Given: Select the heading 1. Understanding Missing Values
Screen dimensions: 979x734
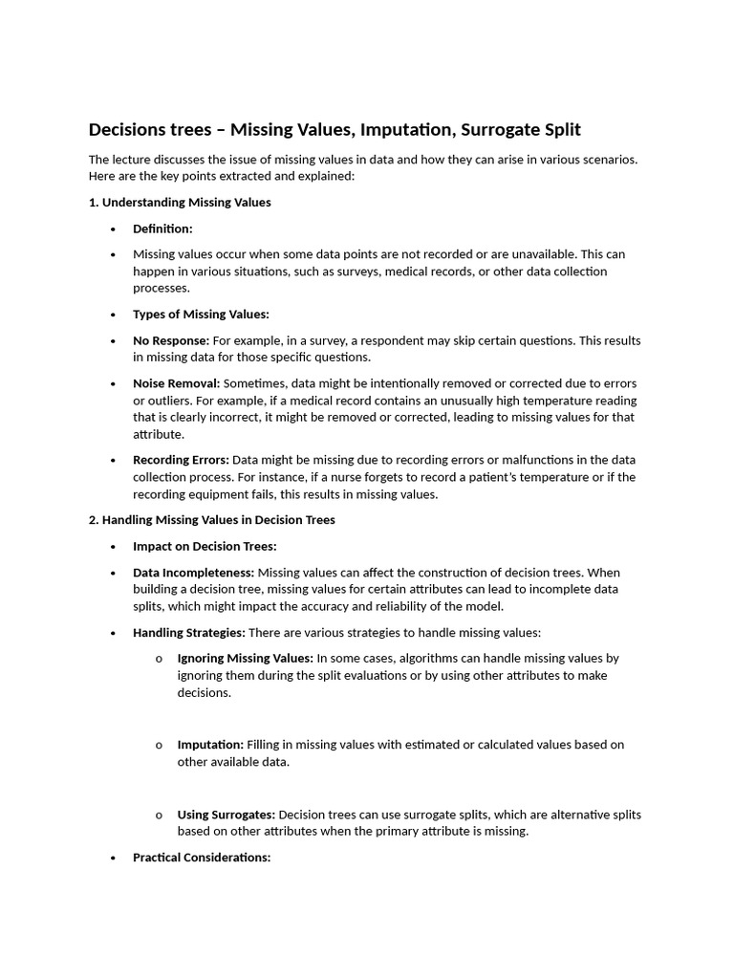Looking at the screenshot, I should [x=180, y=203].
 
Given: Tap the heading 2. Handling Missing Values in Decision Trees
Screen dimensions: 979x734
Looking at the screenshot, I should [x=211, y=520].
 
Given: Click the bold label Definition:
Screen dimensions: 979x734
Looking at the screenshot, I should [x=162, y=228].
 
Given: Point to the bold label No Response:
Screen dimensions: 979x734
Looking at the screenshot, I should [x=171, y=340].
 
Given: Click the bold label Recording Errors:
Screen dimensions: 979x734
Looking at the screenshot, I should [x=181, y=460].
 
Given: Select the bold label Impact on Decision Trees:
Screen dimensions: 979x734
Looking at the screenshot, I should [x=205, y=546].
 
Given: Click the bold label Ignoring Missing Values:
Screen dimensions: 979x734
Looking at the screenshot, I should [x=245, y=658].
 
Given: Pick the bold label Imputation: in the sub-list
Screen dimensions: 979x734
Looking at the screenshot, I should [x=210, y=744].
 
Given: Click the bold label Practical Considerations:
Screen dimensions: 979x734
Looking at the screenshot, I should [x=202, y=858].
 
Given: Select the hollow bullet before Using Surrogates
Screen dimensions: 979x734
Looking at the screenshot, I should [x=159, y=816].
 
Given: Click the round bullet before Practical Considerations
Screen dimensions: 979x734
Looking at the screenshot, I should [x=113, y=859].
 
